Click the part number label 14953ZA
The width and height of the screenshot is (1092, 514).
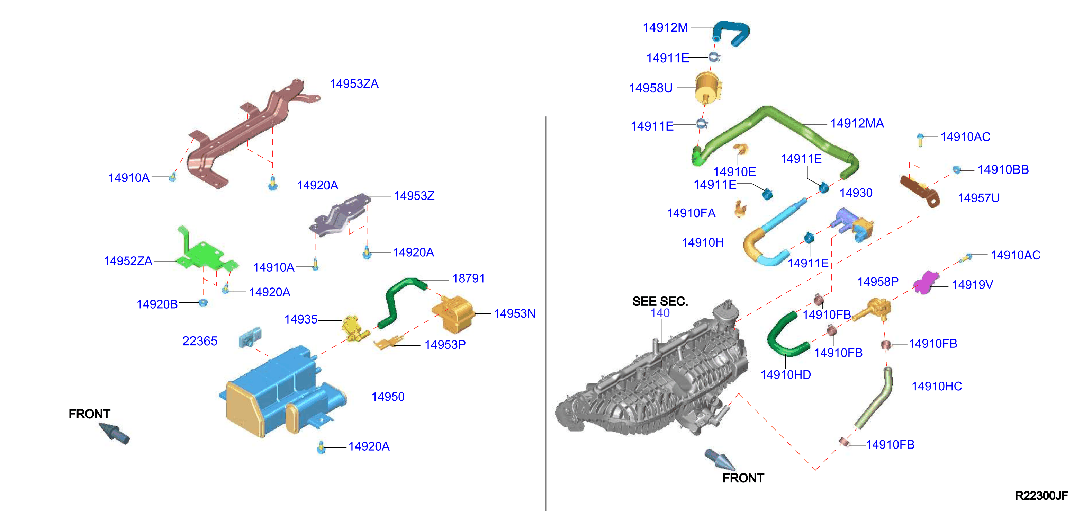click(x=354, y=84)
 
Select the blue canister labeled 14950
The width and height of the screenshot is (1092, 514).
click(x=282, y=392)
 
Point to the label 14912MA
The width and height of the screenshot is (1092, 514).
click(x=857, y=123)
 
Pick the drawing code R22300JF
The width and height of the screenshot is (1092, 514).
click(x=1041, y=495)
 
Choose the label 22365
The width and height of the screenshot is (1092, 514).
click(x=200, y=341)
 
